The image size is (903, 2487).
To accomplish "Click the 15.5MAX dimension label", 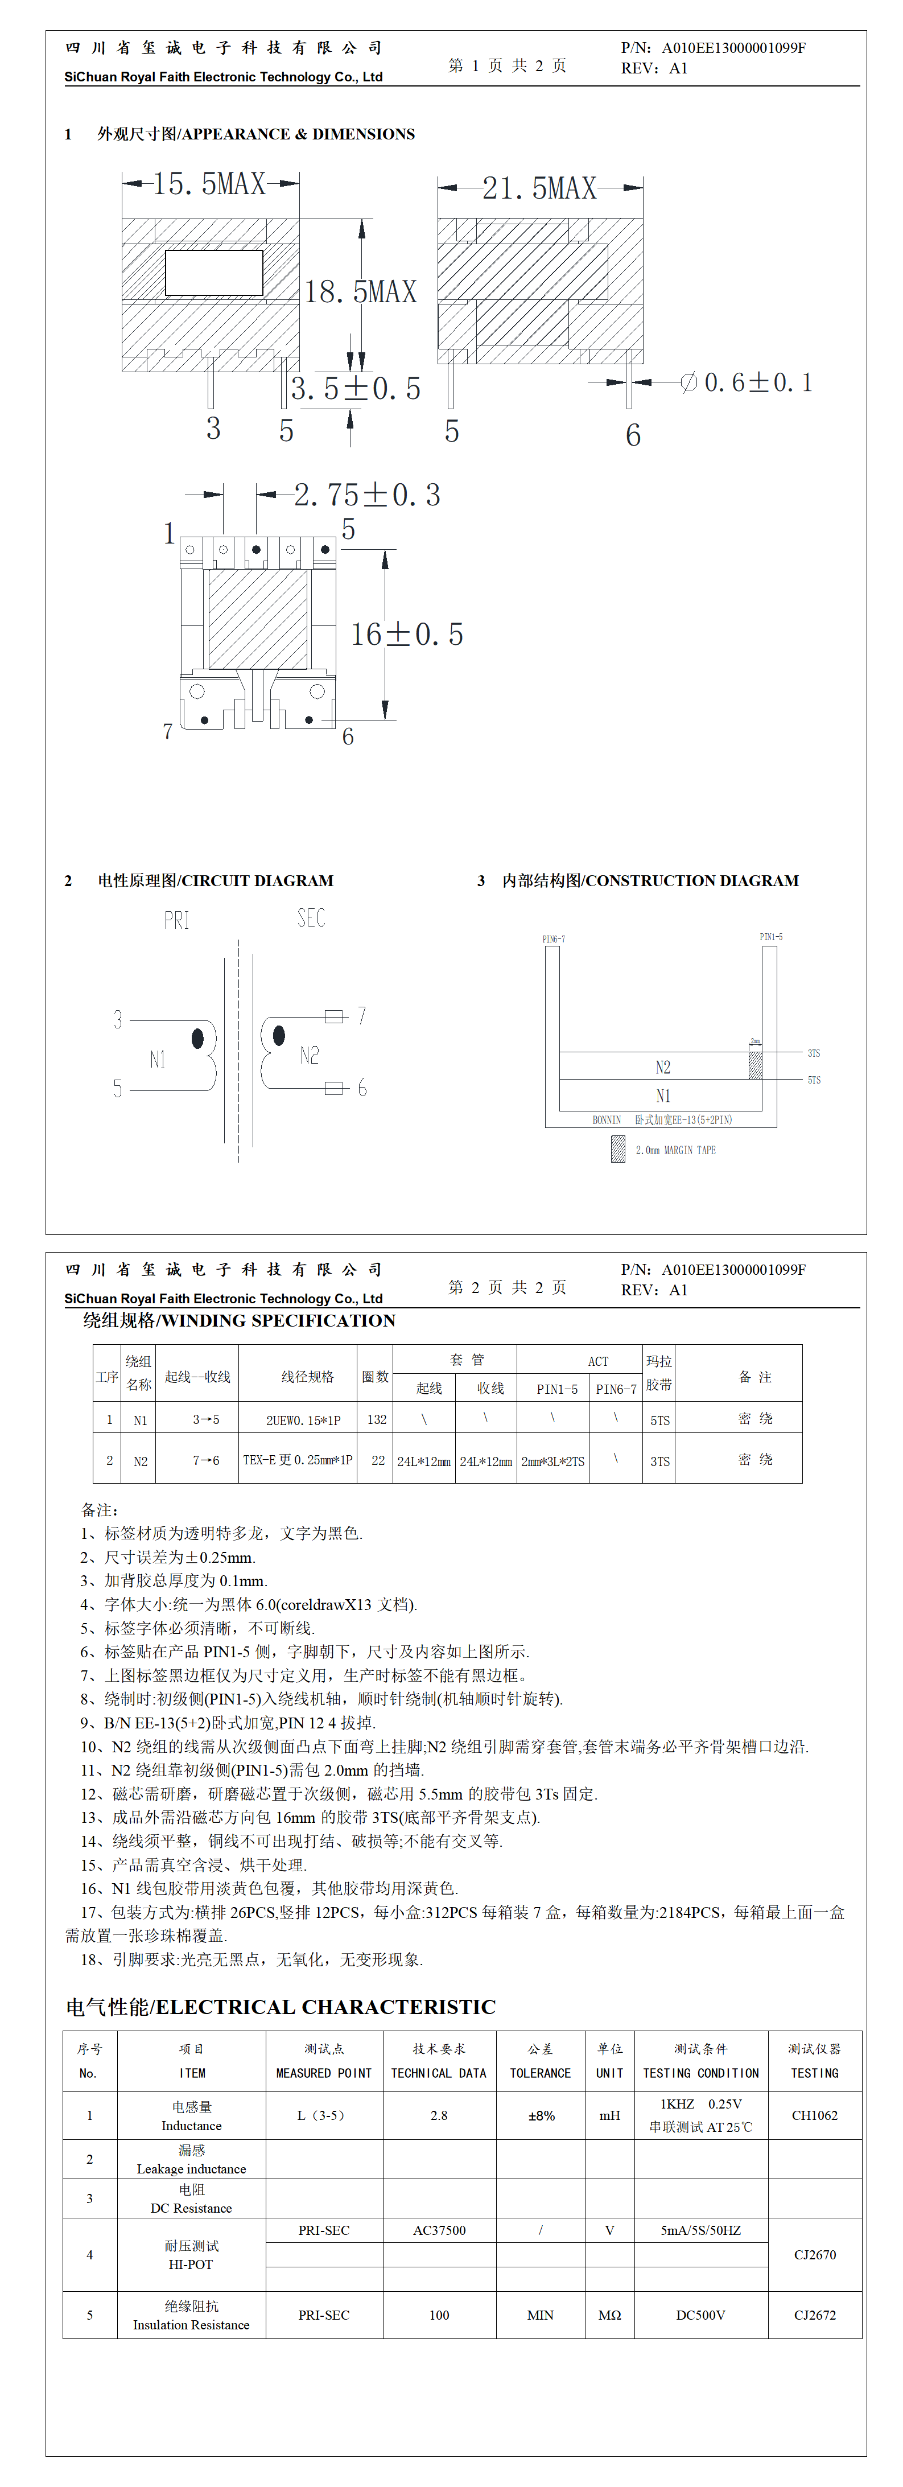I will coord(209,183).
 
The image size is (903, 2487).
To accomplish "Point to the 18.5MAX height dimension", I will coord(360,291).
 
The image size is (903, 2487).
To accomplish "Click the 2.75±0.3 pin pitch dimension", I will coord(367,495).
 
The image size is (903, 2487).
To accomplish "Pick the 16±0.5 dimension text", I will coord(407,635).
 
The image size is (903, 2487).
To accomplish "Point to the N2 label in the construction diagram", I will coord(662,1067).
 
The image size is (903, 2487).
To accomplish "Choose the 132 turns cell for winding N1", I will coord(377,1419).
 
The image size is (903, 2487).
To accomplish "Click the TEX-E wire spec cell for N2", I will coord(298,1461).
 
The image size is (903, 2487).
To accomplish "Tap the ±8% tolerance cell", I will coord(541,2115).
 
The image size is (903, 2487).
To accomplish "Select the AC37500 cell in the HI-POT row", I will coord(439,2230).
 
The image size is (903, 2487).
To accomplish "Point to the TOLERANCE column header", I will coord(541,2073).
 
